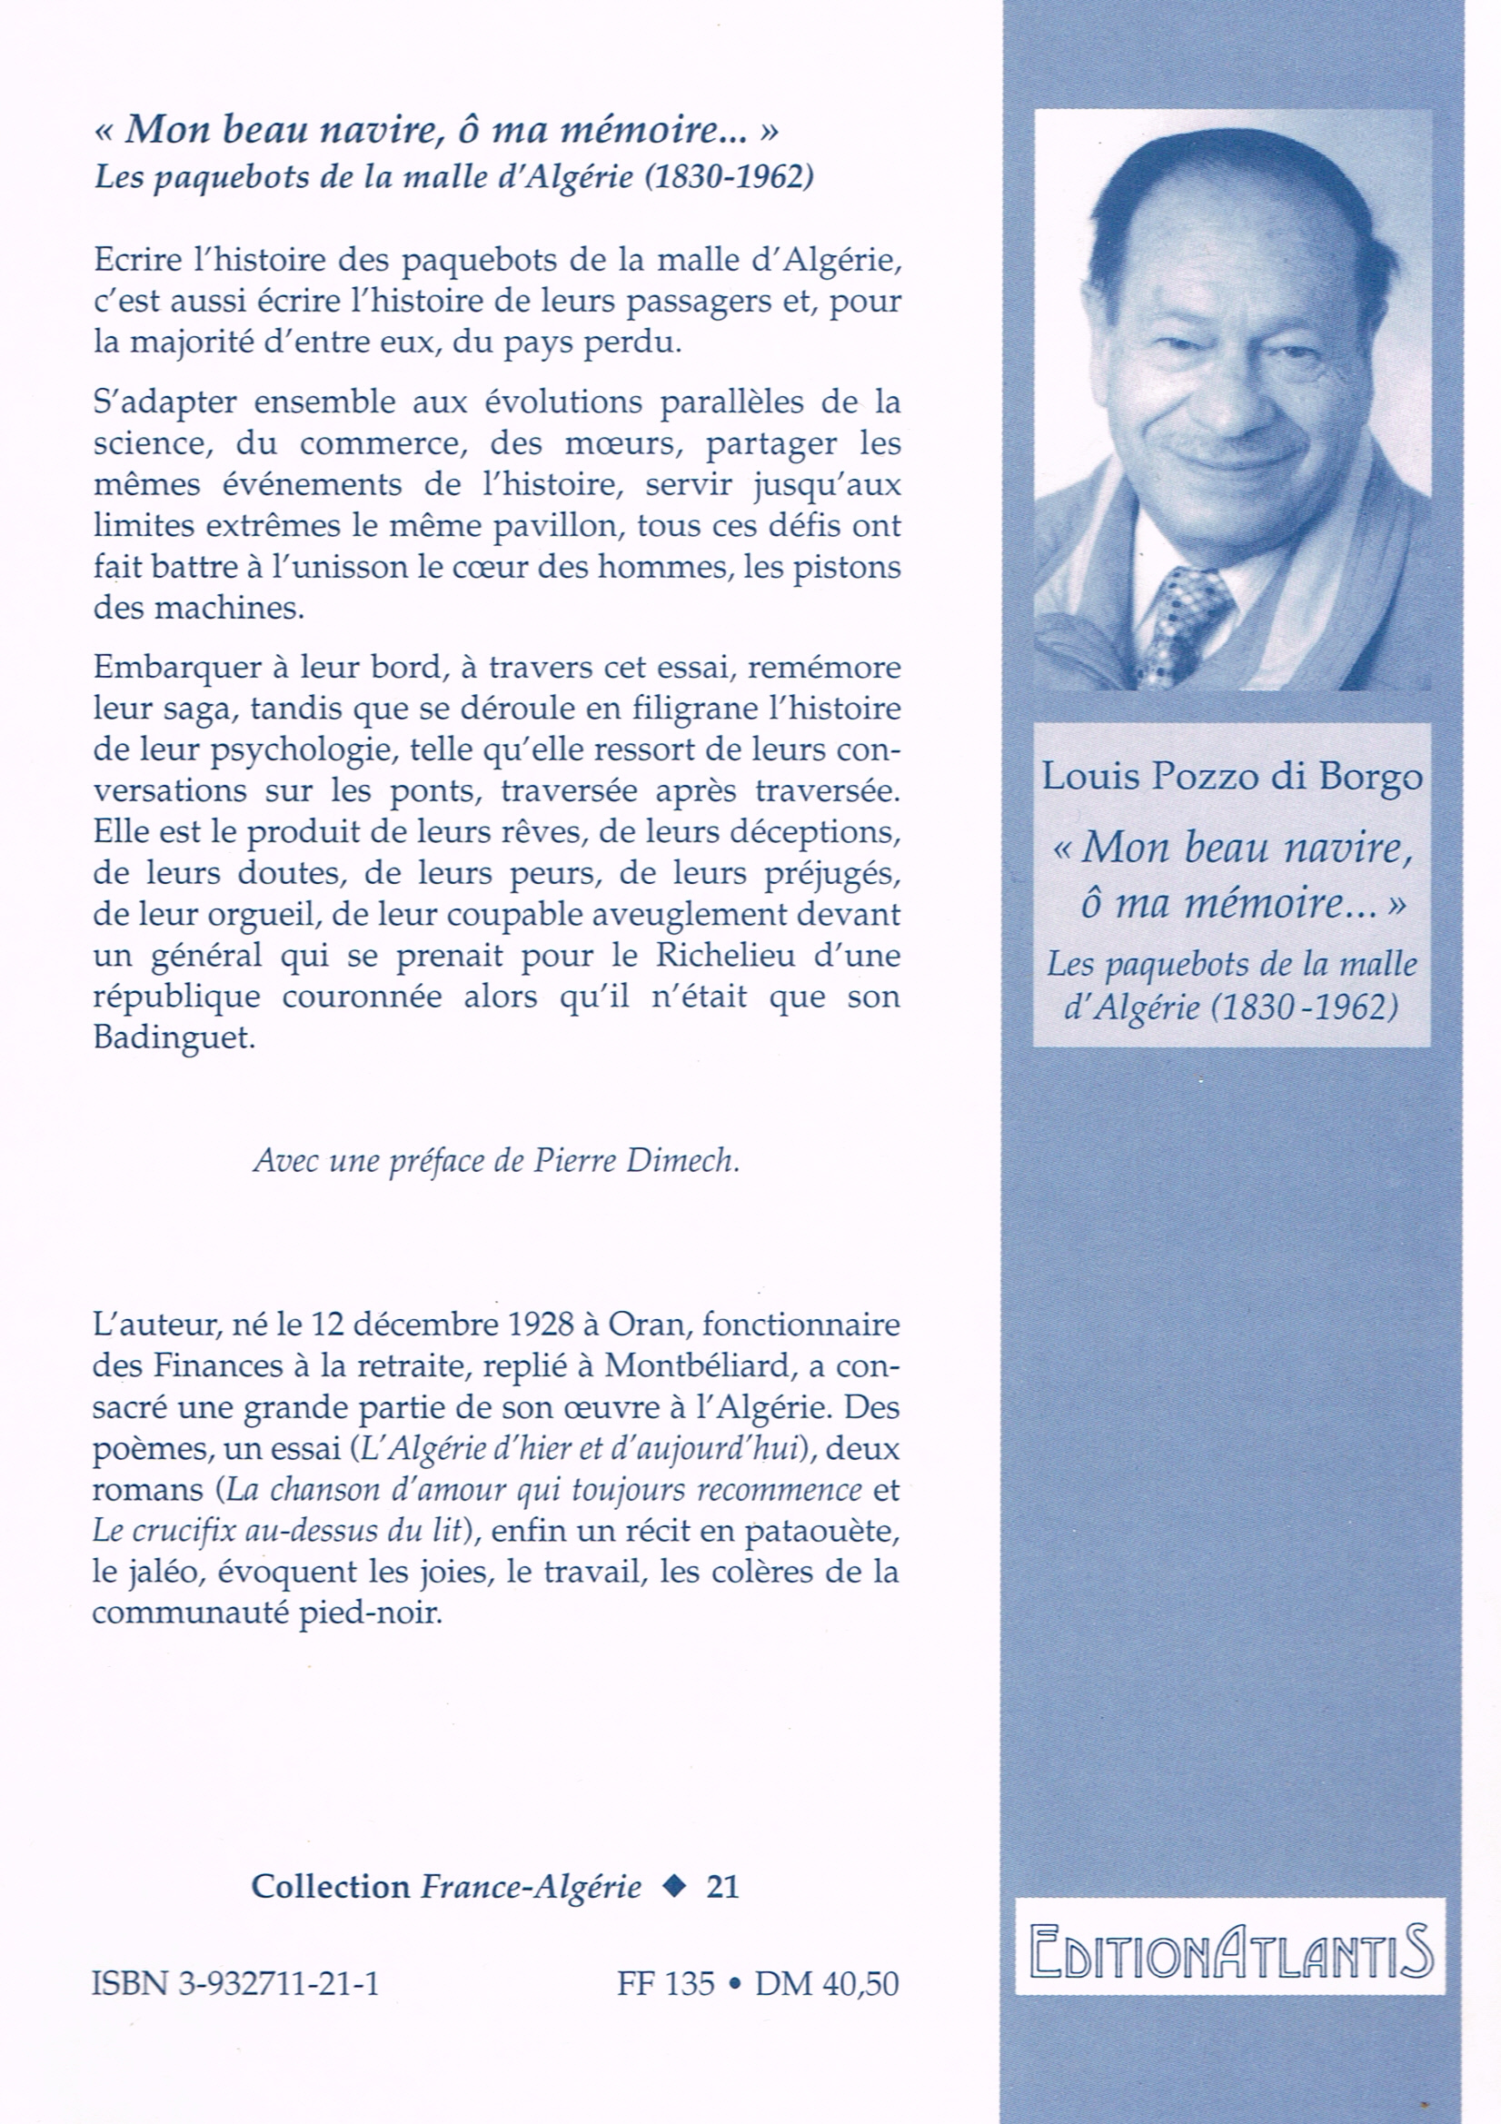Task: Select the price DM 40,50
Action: pos(827,1983)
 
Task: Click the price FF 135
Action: pos(665,1983)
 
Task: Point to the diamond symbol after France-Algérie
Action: pos(676,1886)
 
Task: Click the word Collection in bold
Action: pos(330,1887)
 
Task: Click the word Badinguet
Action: pos(173,1037)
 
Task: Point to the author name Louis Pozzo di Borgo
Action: pos(1232,776)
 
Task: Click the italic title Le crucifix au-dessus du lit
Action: pos(277,1530)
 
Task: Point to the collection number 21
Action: pos(721,1887)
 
